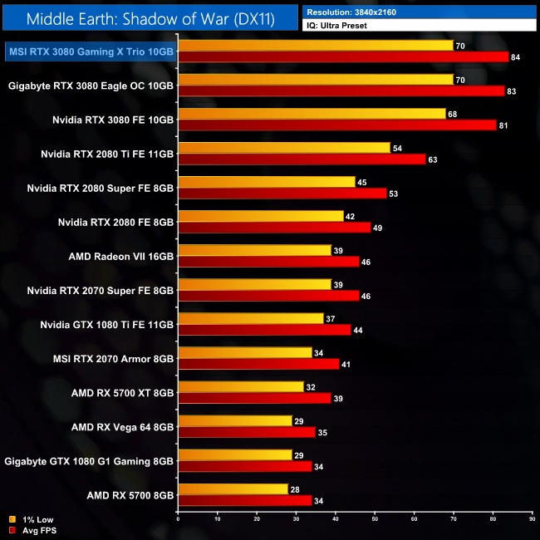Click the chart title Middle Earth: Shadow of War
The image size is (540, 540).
pyautogui.click(x=150, y=17)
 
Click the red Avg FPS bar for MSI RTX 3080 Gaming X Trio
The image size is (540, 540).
pyautogui.click(x=343, y=56)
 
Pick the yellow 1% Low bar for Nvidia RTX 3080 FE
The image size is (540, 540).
pyautogui.click(x=312, y=113)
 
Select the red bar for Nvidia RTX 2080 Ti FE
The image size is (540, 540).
pyautogui.click(x=302, y=159)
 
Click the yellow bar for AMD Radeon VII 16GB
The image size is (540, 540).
pyautogui.click(x=254, y=250)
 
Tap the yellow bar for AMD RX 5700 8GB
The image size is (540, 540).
pyautogui.click(x=233, y=488)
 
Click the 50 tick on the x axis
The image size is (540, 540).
pyautogui.click(x=375, y=520)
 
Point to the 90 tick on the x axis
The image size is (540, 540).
pyautogui.click(x=532, y=520)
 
